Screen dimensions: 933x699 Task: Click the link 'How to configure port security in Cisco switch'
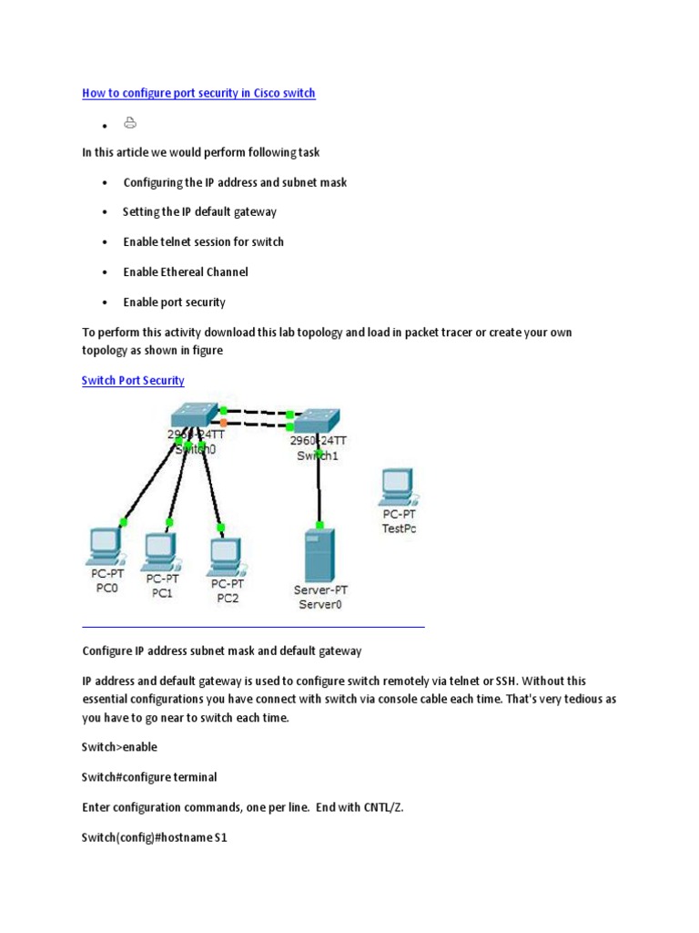(198, 93)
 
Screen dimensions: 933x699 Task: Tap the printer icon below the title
(130, 123)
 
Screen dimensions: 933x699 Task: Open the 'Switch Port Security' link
(133, 380)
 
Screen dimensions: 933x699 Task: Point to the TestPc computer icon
(397, 488)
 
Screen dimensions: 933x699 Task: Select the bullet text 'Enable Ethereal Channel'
(186, 272)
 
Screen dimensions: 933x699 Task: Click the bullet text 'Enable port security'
(174, 302)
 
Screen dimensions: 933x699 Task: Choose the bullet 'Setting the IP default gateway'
(199, 211)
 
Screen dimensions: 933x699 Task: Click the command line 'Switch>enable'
(119, 747)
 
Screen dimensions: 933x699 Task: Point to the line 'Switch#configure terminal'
(149, 777)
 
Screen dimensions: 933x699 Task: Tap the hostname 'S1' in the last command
(220, 836)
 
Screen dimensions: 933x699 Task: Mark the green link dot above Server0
(319, 525)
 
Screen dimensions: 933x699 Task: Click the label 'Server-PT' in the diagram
(320, 590)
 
